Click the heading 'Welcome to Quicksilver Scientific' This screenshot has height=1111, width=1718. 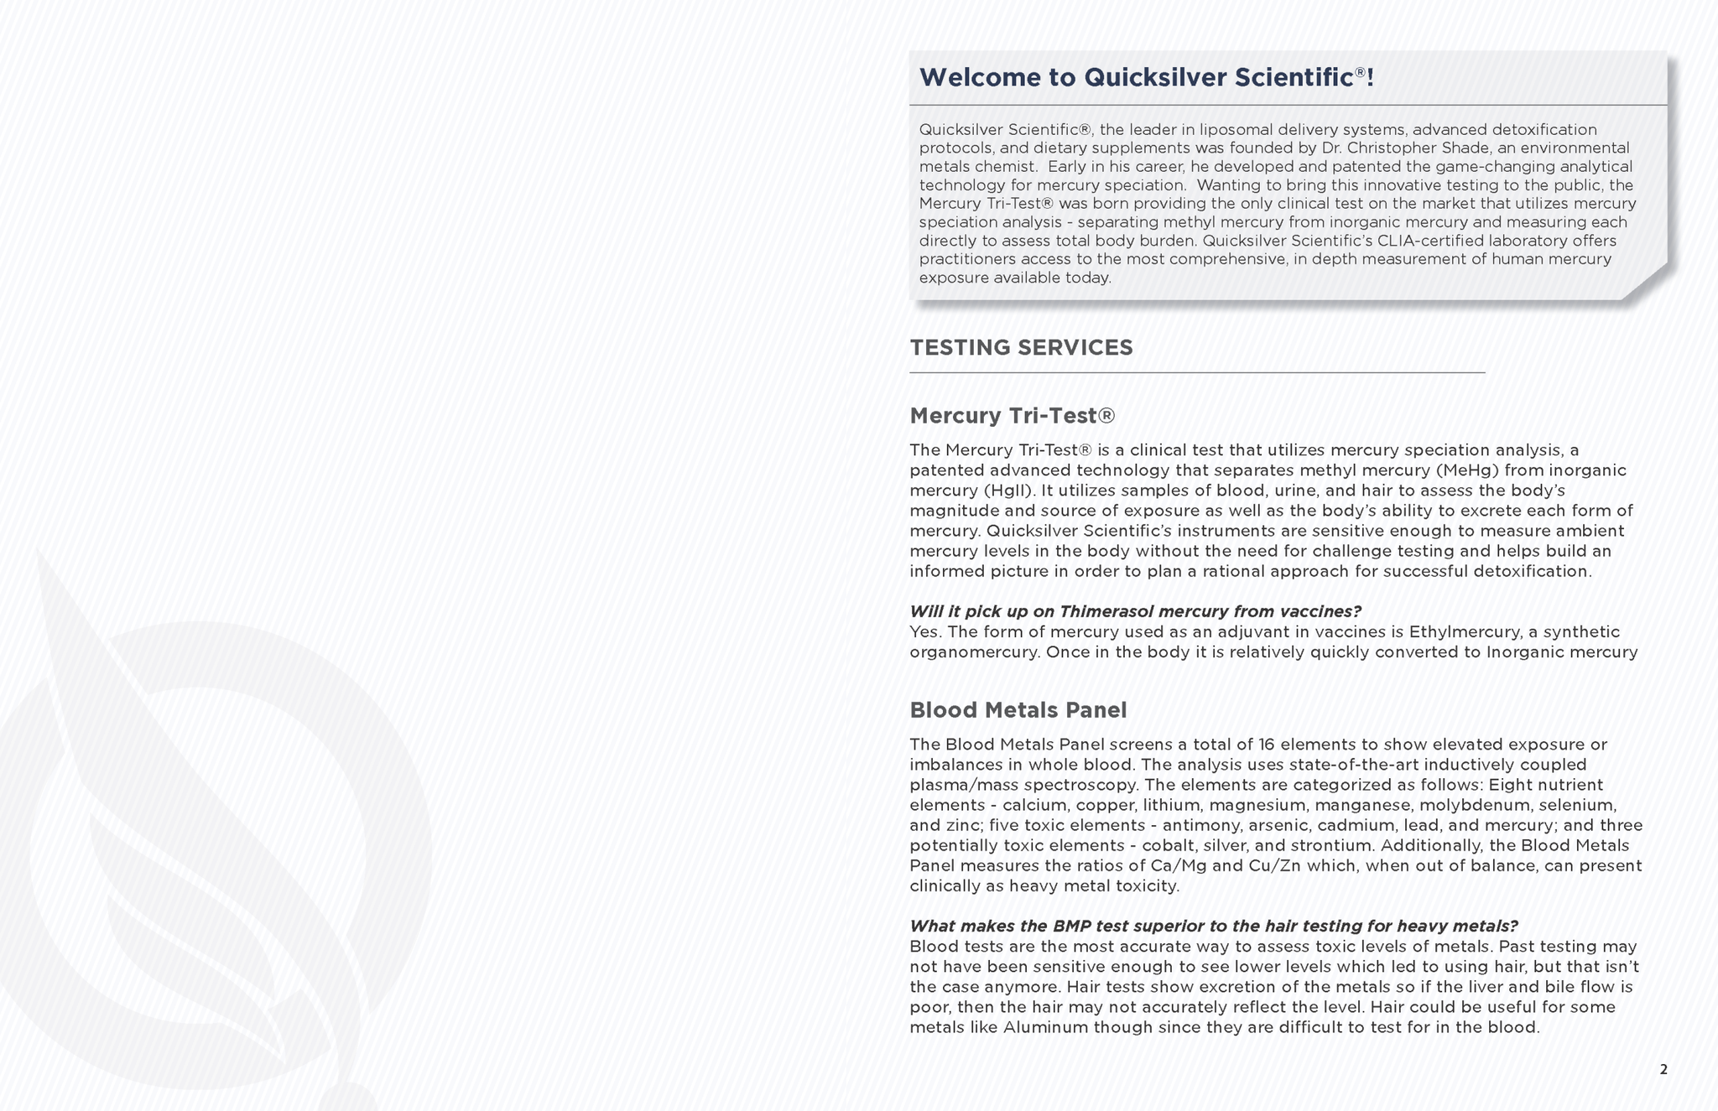tap(1146, 78)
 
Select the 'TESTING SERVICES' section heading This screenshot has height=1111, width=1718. tap(1021, 348)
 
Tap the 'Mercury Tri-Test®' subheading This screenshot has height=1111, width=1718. tap(1012, 416)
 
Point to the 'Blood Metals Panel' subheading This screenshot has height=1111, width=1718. tap(1018, 710)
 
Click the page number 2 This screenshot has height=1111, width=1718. tap(1663, 1070)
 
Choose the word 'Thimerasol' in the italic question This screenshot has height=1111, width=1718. tap(1106, 611)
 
